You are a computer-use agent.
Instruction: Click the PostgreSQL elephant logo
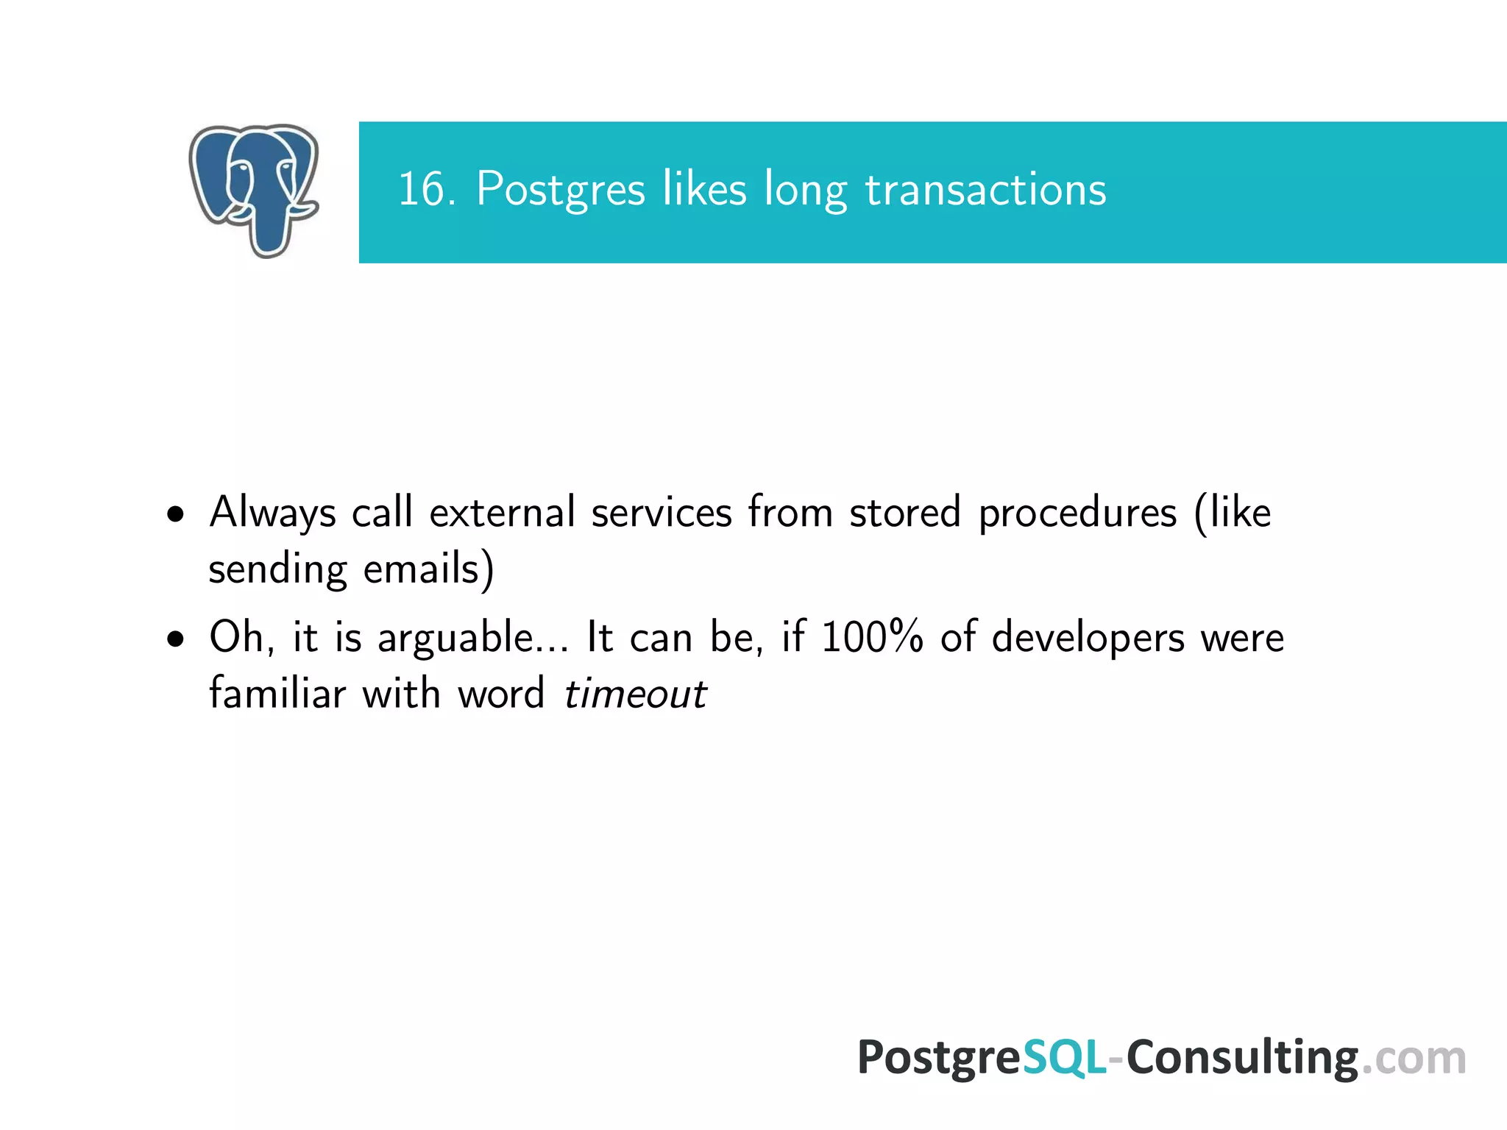254,189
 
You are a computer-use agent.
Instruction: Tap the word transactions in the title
985,189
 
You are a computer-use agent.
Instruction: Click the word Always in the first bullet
272,513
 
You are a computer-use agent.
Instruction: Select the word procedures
1077,513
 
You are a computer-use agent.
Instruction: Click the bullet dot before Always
176,514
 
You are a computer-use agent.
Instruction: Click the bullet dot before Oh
176,639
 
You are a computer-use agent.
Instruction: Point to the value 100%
872,636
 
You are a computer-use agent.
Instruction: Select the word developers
1088,638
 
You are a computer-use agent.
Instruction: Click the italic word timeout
635,694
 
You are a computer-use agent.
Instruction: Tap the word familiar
277,693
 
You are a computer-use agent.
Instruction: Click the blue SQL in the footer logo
1064,1057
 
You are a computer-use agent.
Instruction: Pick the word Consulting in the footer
1242,1059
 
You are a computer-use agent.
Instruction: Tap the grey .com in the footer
1414,1059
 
